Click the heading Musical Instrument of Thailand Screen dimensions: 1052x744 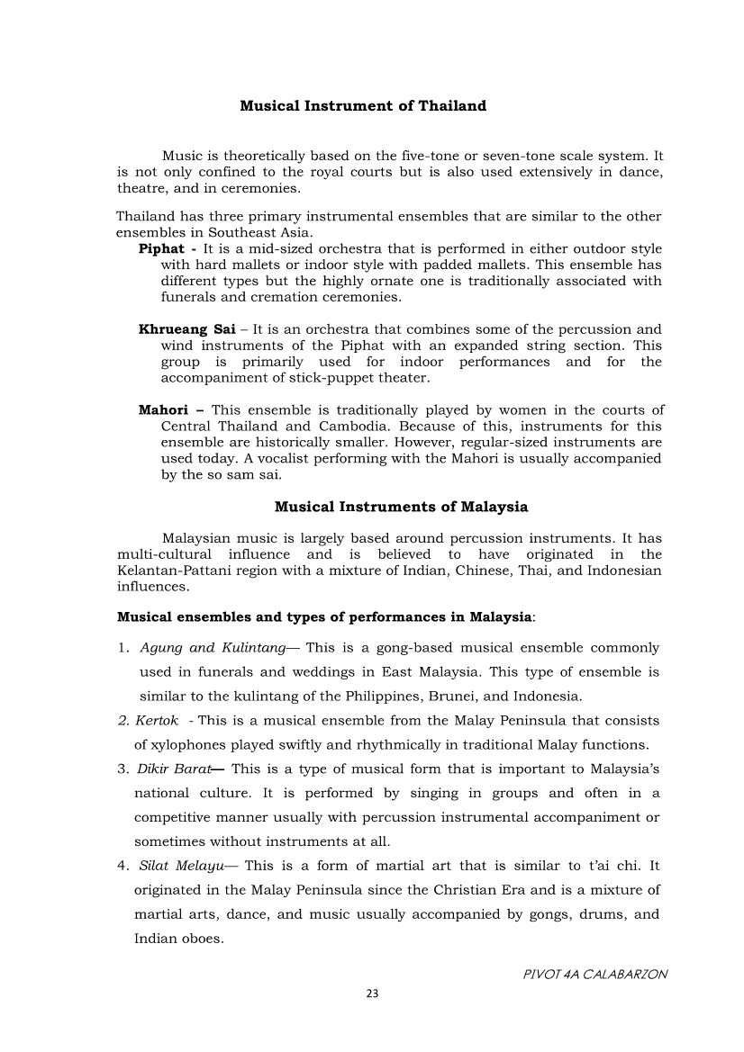[363, 106]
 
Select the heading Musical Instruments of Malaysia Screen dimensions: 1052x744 [401, 507]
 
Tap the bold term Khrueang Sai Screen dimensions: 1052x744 [186, 329]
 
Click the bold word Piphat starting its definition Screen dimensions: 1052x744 [161, 248]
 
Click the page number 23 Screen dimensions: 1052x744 [372, 994]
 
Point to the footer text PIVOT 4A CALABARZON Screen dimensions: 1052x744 [595, 975]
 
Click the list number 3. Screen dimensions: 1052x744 [122, 769]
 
